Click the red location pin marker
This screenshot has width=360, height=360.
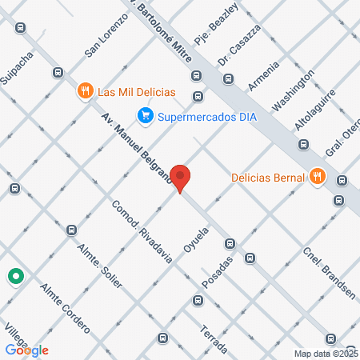coord(181,178)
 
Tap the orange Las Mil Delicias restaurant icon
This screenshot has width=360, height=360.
coord(85,91)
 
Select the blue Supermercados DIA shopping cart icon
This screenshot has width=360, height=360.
coord(145,116)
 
